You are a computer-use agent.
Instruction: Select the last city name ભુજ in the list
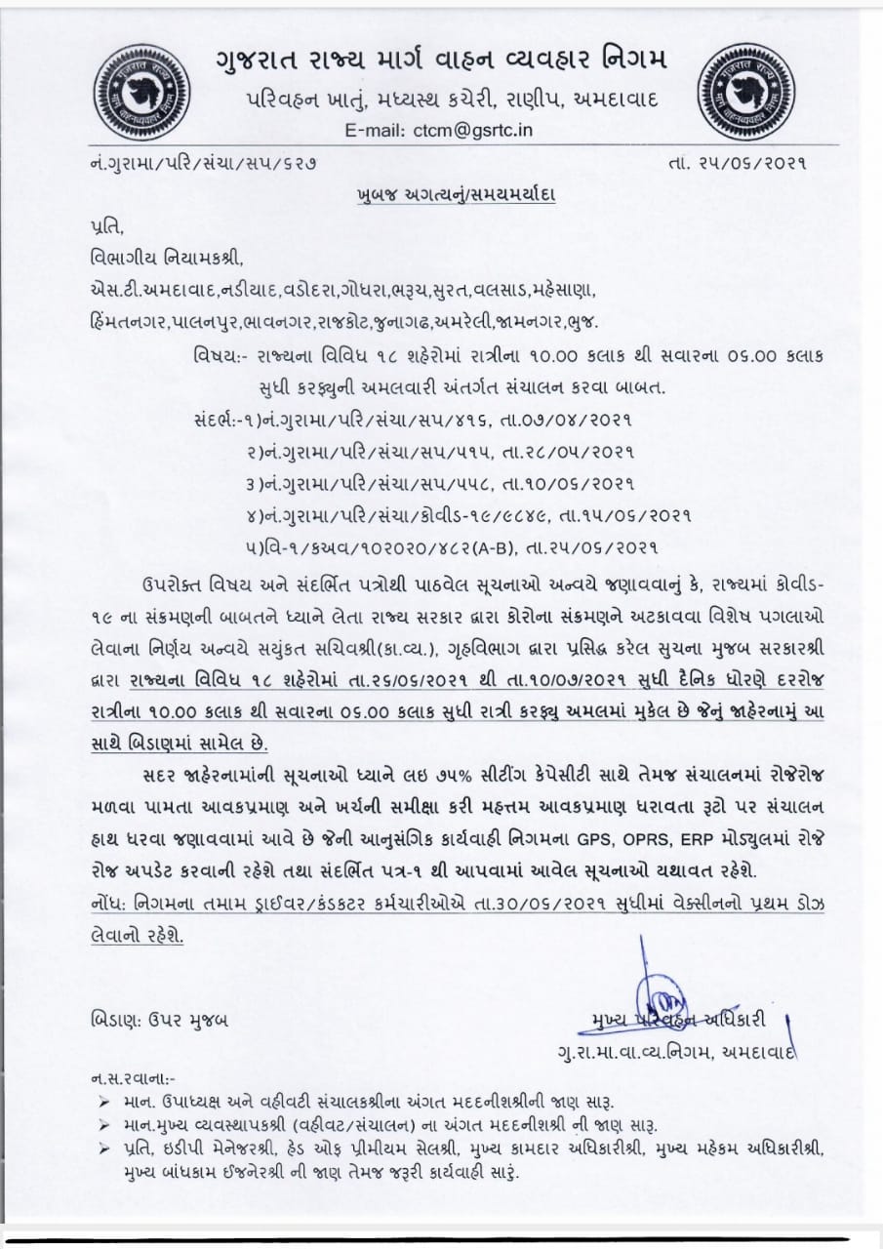[582, 322]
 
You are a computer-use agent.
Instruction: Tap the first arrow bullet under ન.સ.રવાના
[105, 1102]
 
